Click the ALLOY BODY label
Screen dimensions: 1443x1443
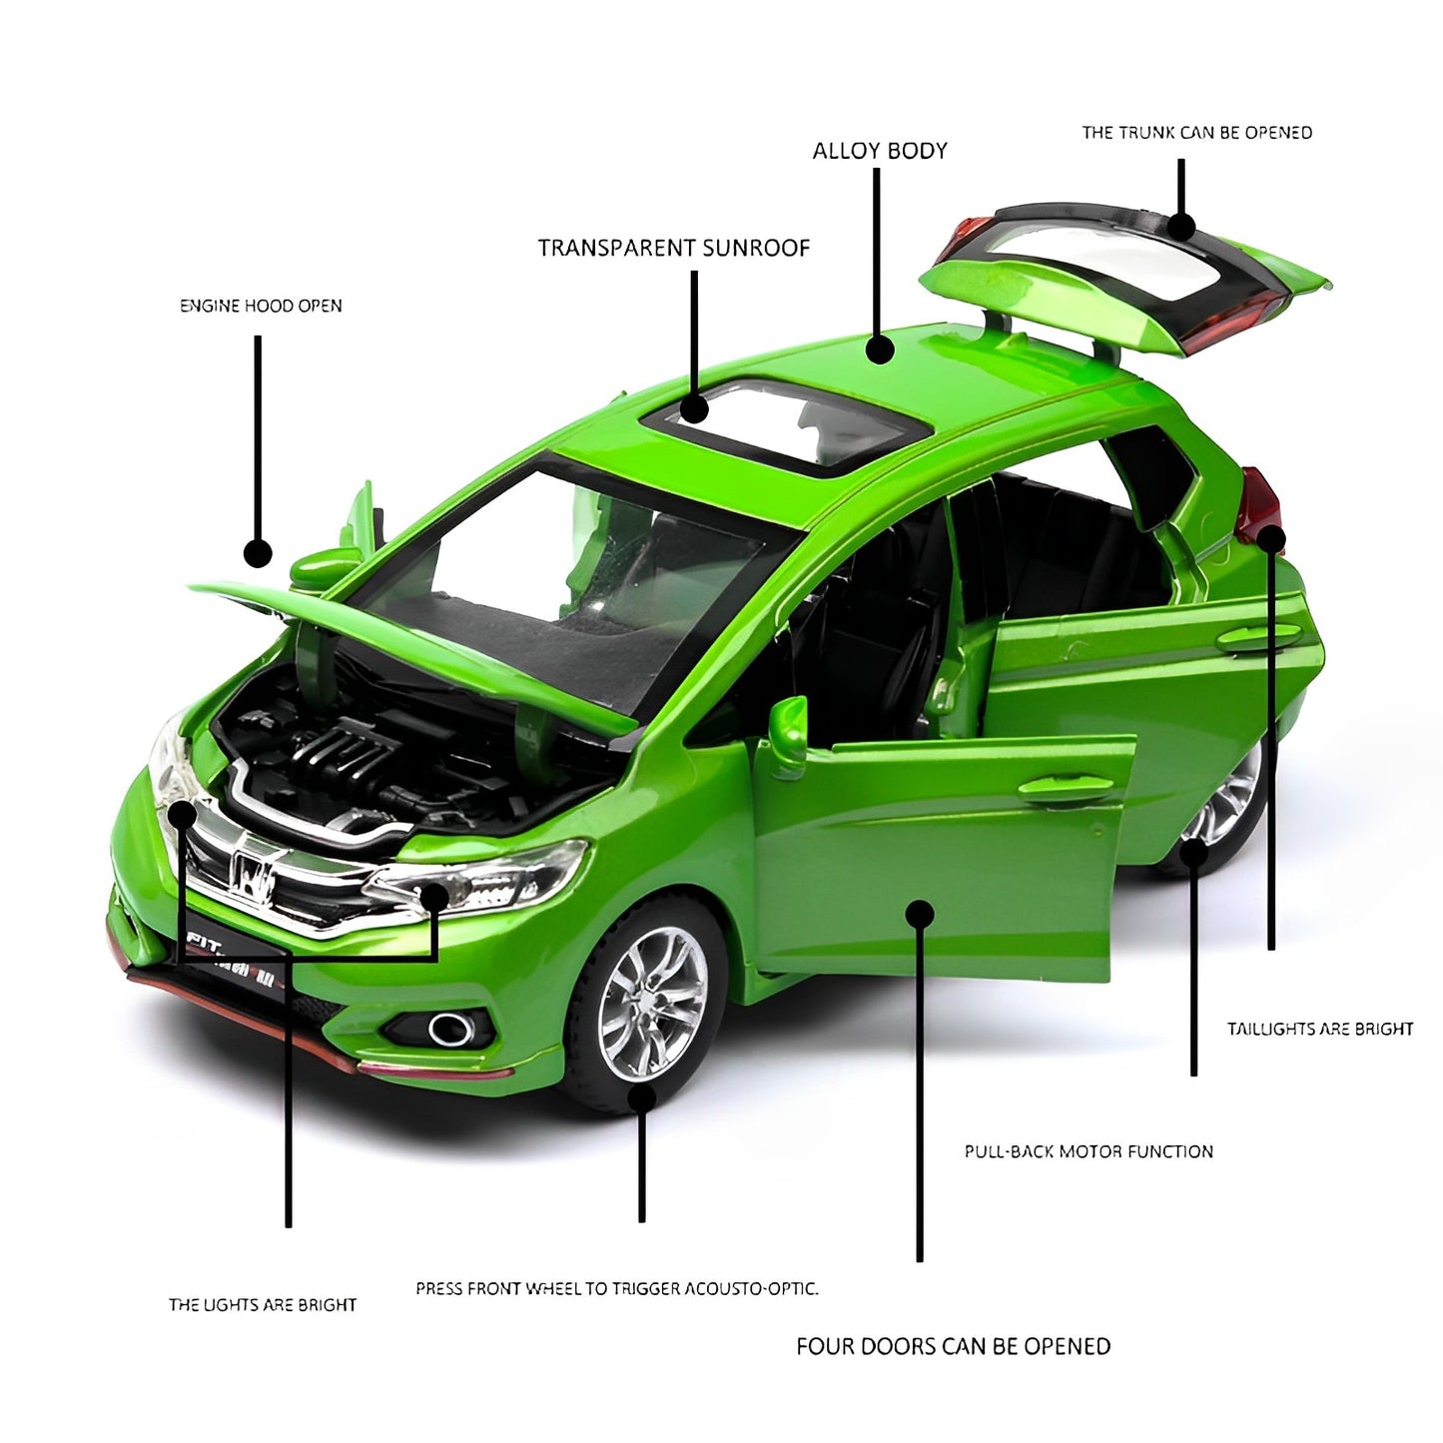pyautogui.click(x=879, y=151)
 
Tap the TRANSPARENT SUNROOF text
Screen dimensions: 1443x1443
pyautogui.click(x=674, y=248)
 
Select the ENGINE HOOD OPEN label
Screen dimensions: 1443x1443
pyautogui.click(x=261, y=306)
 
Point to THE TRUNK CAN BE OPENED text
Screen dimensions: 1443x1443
pyautogui.click(x=1196, y=133)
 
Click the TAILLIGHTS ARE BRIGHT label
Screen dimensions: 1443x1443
pyautogui.click(x=1319, y=1029)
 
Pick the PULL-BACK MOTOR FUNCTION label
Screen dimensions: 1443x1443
pyautogui.click(x=1088, y=1151)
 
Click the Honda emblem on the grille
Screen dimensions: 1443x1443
pyautogui.click(x=249, y=873)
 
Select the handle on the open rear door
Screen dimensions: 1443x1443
pyautogui.click(x=1259, y=637)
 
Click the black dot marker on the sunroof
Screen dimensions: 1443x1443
pyautogui.click(x=694, y=409)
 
